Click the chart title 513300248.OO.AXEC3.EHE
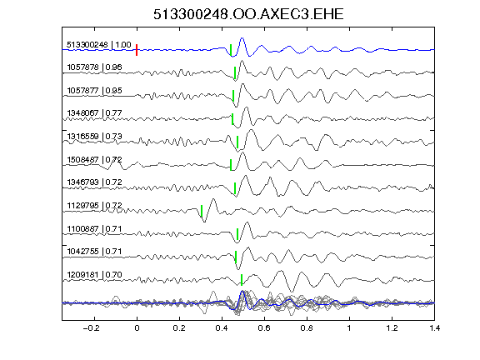point(248,14)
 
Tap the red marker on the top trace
point(137,50)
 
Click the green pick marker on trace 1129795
point(202,211)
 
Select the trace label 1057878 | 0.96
point(94,67)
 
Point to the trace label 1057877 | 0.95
point(94,90)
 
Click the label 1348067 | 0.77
point(94,113)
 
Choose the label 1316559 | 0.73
point(94,136)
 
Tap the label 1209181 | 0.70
point(94,275)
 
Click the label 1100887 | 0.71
point(94,228)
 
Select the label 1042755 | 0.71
point(94,252)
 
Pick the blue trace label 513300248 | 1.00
point(99,45)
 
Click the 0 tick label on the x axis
point(137,328)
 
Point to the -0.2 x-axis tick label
point(92,328)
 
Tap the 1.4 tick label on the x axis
point(434,328)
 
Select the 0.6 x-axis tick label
point(264,328)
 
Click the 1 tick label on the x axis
point(349,328)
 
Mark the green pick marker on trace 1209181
point(242,280)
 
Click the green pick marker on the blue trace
point(231,50)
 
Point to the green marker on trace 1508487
point(231,165)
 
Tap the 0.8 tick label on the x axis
point(307,328)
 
